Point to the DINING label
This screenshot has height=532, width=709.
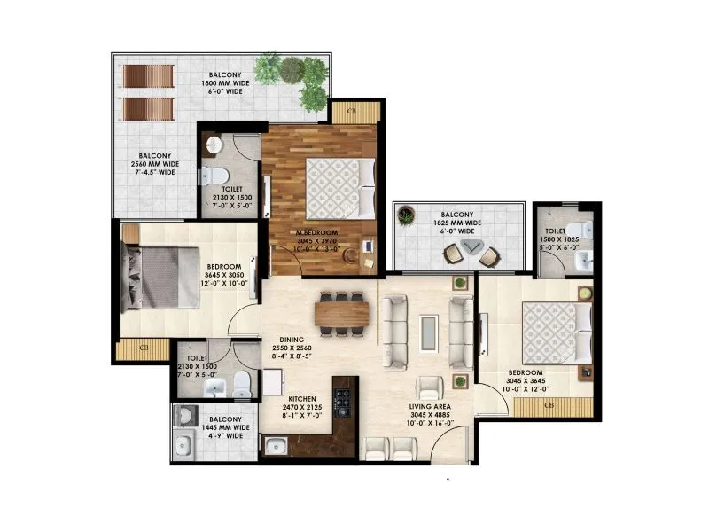tap(292, 339)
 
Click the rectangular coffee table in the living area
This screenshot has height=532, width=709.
tap(428, 330)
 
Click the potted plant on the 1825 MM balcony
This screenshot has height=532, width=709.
tap(406, 214)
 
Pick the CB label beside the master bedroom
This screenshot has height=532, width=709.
tap(352, 112)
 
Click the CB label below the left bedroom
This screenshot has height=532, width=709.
tap(144, 348)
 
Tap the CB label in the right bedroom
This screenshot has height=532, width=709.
tap(549, 406)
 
